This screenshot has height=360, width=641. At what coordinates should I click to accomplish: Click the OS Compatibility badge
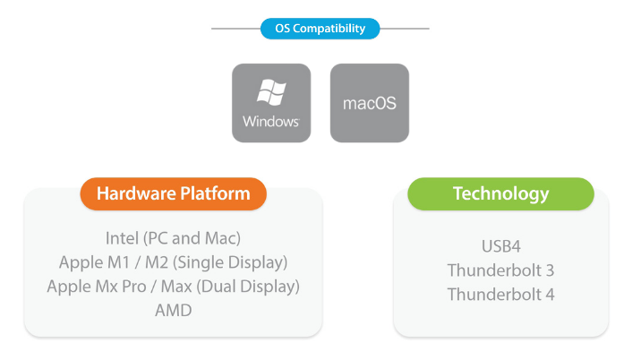(320, 29)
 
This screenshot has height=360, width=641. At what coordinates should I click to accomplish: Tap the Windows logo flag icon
(270, 93)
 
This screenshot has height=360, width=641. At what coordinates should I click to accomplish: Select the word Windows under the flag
(270, 122)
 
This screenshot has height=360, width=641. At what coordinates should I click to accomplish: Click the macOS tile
(369, 103)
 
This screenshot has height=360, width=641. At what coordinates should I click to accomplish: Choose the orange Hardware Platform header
(173, 193)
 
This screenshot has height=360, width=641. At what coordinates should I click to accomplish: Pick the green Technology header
(500, 193)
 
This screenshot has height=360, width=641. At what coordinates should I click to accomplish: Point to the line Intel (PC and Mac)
(173, 238)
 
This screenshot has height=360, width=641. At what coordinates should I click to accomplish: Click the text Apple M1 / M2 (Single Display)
(173, 262)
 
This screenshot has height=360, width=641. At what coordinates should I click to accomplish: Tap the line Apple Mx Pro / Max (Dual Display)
(173, 287)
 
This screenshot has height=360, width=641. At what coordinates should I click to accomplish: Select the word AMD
(173, 311)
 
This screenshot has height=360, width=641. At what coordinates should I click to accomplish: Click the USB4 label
(500, 245)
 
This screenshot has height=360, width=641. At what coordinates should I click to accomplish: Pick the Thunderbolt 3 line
(500, 270)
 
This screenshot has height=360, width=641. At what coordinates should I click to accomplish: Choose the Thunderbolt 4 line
(500, 294)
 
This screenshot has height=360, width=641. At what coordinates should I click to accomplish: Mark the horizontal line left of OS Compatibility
(235, 29)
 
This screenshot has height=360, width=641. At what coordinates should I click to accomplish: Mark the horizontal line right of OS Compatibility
(405, 29)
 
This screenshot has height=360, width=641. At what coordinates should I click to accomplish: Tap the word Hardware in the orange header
(133, 193)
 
